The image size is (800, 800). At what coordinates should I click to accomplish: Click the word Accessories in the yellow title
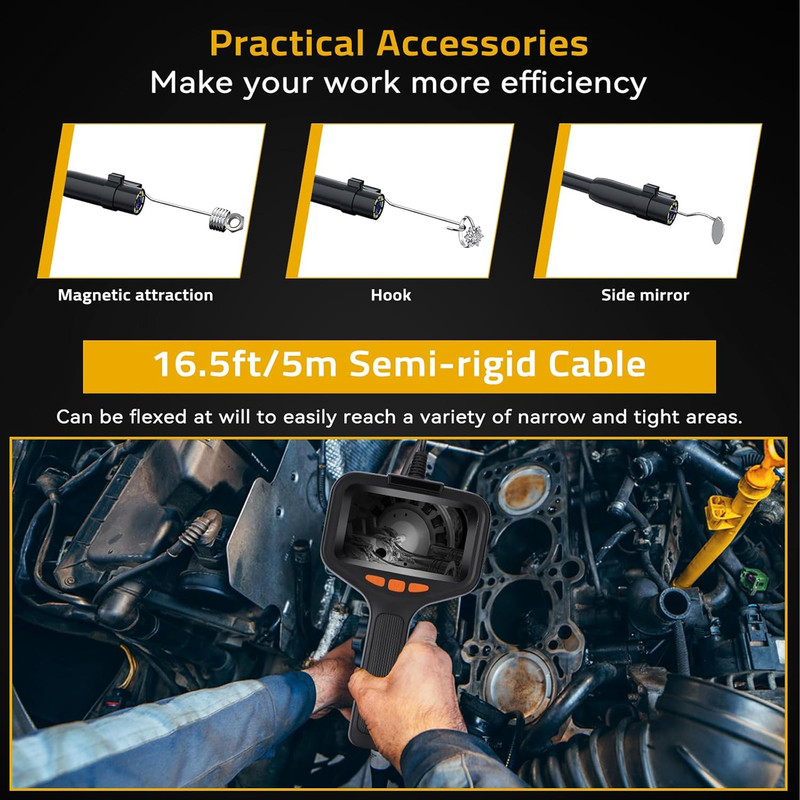(482, 43)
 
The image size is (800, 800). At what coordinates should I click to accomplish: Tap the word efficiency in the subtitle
(573, 83)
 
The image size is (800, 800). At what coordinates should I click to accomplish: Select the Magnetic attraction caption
(135, 295)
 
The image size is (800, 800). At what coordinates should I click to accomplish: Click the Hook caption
(391, 295)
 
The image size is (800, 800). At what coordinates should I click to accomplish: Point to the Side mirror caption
(645, 295)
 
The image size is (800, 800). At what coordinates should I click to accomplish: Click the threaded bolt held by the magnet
(226, 220)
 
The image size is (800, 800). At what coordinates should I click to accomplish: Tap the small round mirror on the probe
(719, 230)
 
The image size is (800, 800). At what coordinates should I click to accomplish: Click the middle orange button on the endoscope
(396, 585)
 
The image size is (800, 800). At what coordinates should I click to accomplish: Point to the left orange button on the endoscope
(374, 581)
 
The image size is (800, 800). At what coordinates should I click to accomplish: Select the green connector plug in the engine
(753, 578)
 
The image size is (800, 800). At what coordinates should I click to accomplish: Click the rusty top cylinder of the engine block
(523, 489)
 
